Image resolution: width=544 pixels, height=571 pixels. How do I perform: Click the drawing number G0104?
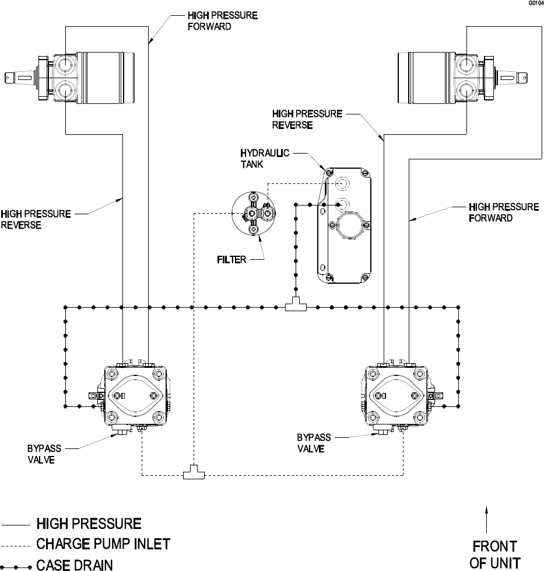(x=536, y=4)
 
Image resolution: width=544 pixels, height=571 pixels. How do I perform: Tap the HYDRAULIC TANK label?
(x=265, y=158)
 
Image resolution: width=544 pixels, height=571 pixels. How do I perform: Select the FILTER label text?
(x=231, y=260)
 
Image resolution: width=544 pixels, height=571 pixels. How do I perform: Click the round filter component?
(x=254, y=214)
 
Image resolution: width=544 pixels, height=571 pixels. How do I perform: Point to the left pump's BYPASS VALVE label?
(x=44, y=454)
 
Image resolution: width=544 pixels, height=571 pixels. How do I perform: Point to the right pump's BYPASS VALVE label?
(x=314, y=443)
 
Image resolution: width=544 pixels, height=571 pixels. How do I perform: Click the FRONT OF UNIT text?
(x=494, y=554)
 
